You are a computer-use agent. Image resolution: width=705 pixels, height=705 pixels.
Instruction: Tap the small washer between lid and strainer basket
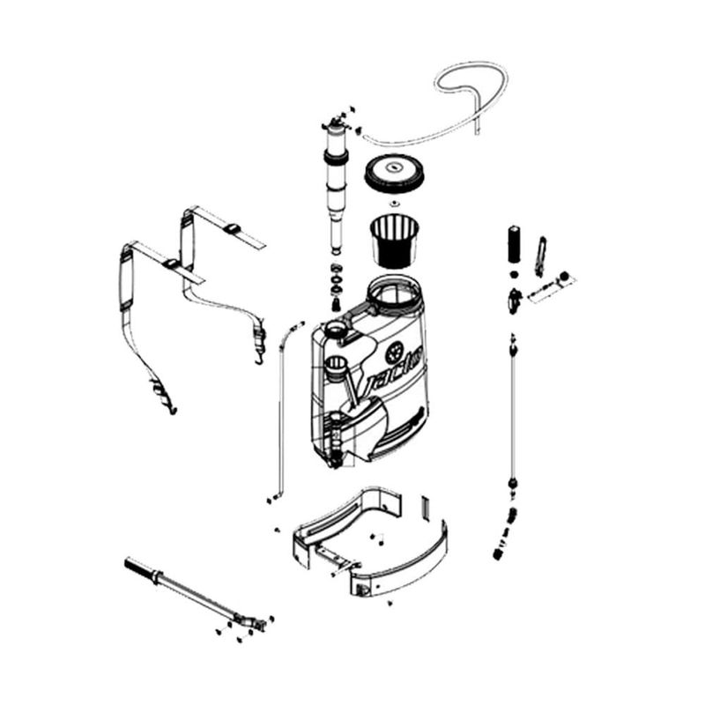click(x=394, y=204)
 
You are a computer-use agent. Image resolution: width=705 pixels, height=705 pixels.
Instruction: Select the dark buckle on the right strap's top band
click(x=232, y=228)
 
